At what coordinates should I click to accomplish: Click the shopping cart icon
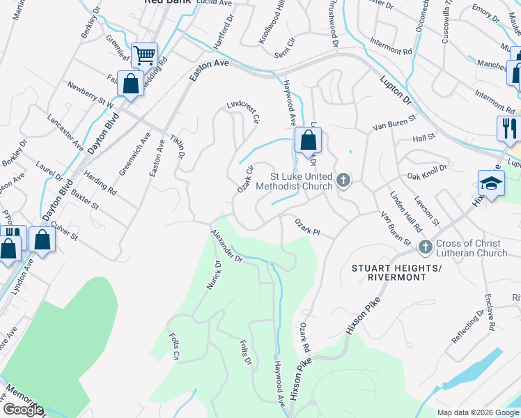click(144, 54)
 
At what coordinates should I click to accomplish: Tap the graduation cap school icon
click(491, 184)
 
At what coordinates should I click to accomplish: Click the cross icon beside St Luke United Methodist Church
click(342, 180)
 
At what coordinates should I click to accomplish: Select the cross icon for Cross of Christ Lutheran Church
click(426, 247)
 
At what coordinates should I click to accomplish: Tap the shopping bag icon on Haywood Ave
click(307, 140)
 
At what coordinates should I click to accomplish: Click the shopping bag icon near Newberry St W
click(130, 84)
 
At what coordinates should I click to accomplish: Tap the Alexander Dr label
click(226, 246)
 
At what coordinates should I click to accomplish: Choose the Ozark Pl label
click(306, 227)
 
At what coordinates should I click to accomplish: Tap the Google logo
click(22, 410)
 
